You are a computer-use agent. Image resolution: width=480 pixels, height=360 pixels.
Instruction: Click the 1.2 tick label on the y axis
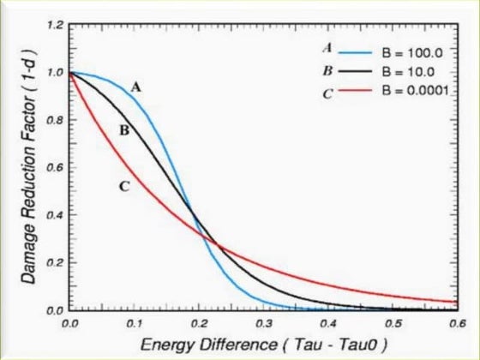(x=54, y=26)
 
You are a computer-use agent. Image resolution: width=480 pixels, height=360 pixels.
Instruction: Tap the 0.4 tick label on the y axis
(x=54, y=215)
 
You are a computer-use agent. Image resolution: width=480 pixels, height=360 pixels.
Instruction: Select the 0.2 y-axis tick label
(x=54, y=262)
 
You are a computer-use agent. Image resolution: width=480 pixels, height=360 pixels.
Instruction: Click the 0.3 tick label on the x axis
(x=267, y=325)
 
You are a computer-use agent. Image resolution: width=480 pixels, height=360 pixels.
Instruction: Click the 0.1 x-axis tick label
(x=135, y=325)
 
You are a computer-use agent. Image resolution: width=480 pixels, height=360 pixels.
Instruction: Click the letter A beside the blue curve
(x=135, y=86)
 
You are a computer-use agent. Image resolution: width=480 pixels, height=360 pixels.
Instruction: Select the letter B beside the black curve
(x=125, y=131)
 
